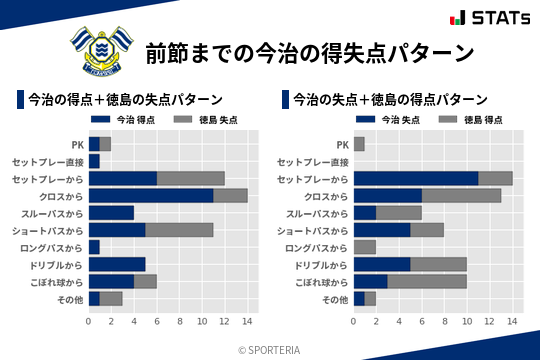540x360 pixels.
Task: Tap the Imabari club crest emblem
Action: click(99, 50)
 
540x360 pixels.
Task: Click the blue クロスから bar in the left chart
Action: click(151, 196)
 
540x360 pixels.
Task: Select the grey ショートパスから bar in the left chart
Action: click(179, 230)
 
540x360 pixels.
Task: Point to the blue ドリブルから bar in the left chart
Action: click(117, 264)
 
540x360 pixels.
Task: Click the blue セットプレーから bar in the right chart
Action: click(416, 178)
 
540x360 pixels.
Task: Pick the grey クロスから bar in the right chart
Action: click(461, 196)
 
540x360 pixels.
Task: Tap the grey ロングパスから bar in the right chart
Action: click(365, 247)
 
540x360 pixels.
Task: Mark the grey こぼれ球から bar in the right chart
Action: click(427, 281)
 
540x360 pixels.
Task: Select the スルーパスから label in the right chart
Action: click(317, 213)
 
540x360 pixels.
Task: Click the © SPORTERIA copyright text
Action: click(270, 349)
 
